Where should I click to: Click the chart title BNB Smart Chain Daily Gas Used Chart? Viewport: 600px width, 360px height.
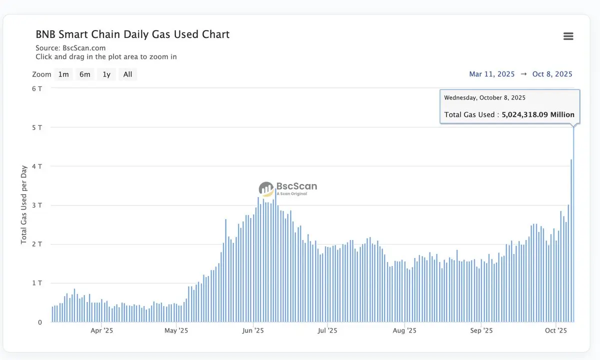(x=132, y=34)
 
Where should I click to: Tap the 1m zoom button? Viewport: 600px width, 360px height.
(x=63, y=74)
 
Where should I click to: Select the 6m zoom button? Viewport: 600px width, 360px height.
(x=85, y=74)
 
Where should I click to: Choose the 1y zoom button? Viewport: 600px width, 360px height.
(x=106, y=74)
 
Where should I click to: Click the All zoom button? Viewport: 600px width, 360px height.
(x=127, y=74)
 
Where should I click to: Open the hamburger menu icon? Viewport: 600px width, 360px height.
(x=568, y=36)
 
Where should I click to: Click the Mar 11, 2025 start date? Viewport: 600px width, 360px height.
(x=491, y=74)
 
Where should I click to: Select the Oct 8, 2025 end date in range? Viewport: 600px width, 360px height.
(x=552, y=74)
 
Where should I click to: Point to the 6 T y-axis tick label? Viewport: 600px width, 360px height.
(x=37, y=88)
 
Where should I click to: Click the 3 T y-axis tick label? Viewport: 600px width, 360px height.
(x=37, y=205)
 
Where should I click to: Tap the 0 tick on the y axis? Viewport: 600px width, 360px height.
(x=40, y=322)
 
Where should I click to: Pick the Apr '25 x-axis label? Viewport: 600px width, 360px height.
(x=102, y=330)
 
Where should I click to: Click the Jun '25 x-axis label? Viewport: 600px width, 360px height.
(x=253, y=330)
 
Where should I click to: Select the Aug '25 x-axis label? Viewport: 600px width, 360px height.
(x=404, y=330)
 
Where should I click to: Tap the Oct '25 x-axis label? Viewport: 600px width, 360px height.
(x=555, y=330)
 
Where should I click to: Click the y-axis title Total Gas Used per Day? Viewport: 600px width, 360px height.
(x=24, y=205)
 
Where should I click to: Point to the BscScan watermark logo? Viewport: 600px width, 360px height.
(x=287, y=188)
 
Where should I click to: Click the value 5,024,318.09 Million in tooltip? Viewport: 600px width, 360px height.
(x=538, y=114)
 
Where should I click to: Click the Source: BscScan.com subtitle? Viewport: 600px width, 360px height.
(x=70, y=48)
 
